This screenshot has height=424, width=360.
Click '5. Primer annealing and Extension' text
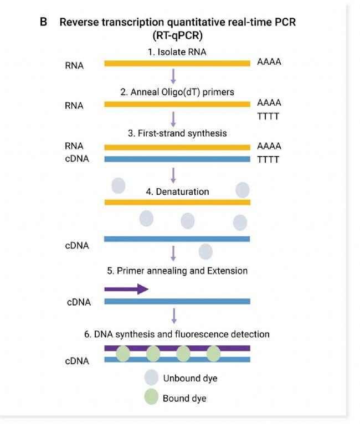(x=177, y=271)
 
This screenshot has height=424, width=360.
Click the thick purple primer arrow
(x=126, y=289)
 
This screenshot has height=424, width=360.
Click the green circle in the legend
(x=151, y=398)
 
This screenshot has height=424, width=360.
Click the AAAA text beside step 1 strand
(x=269, y=62)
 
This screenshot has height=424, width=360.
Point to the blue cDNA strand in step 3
(x=177, y=159)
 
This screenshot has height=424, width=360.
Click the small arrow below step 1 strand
(x=174, y=76)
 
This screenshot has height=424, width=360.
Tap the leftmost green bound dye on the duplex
(x=124, y=354)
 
